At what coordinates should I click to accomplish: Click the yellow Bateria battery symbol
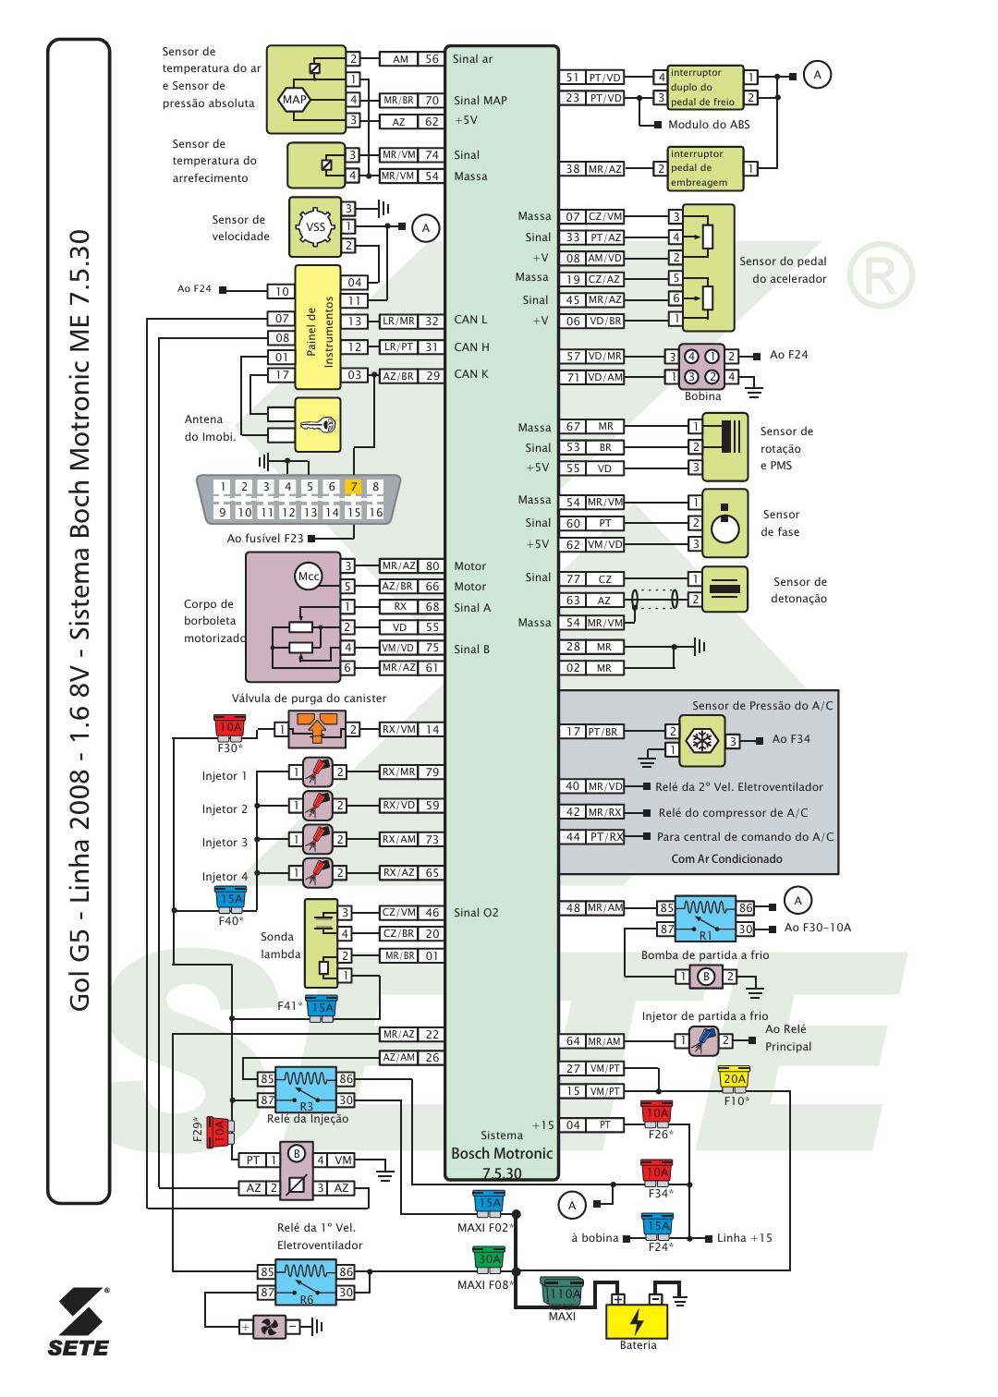(637, 1320)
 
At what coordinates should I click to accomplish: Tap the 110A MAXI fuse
(563, 1293)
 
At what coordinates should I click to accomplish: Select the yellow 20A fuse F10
(734, 1077)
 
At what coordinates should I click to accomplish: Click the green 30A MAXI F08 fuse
(489, 1257)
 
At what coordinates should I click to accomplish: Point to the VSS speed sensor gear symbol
(315, 227)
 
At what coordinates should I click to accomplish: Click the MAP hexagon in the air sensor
(294, 100)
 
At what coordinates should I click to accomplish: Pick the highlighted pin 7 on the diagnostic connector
(353, 487)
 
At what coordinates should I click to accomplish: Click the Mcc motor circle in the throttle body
(308, 577)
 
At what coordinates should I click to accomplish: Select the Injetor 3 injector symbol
(317, 839)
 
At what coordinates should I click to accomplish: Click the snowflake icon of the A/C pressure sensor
(701, 741)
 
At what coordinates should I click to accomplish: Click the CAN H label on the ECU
(471, 347)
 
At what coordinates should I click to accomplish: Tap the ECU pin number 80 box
(432, 566)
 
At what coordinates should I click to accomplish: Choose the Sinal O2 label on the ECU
(476, 913)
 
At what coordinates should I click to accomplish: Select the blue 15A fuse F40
(230, 897)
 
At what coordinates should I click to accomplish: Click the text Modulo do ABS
(709, 125)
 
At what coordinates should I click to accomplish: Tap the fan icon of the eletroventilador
(269, 1327)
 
